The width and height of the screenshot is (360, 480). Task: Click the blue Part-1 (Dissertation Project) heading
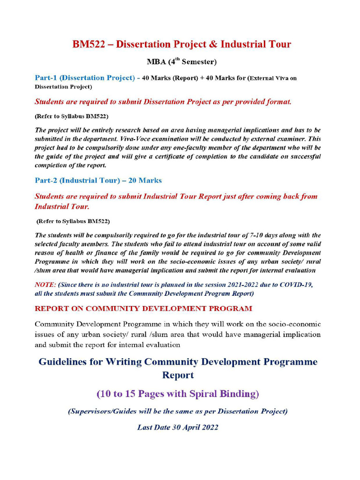[x=84, y=78]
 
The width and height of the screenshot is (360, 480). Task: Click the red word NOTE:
[x=45, y=285]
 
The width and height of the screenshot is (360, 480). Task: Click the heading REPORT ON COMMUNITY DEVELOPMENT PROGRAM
[x=143, y=308]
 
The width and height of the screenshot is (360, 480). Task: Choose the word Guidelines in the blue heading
[x=66, y=362]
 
